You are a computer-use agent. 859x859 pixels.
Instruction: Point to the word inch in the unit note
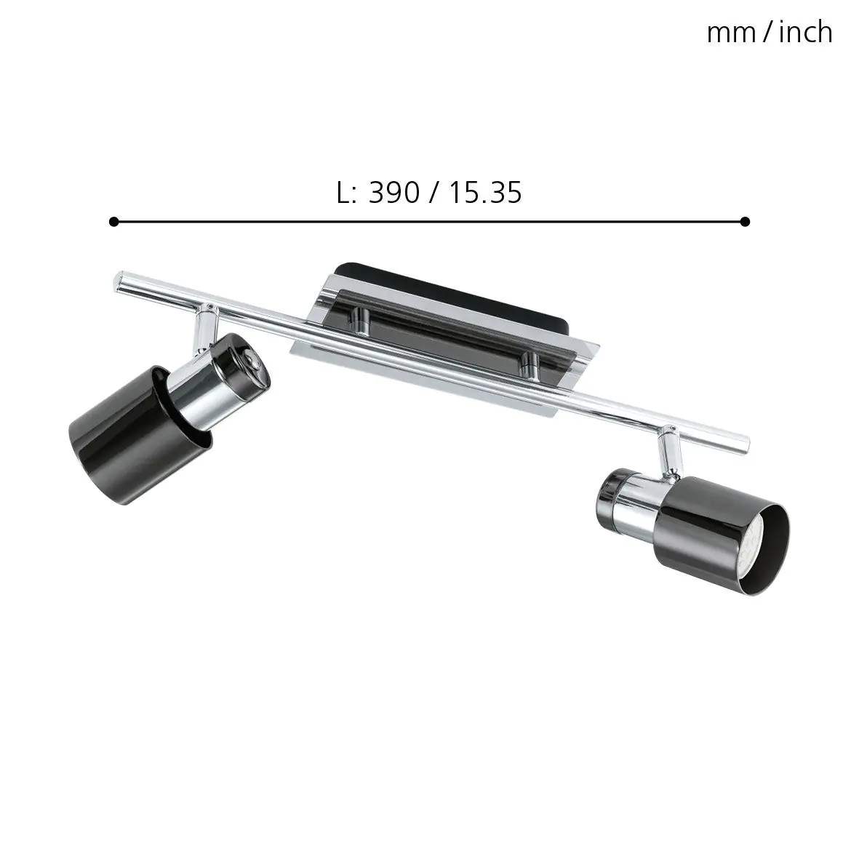point(805,33)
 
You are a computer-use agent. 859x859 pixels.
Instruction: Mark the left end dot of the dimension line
point(113,221)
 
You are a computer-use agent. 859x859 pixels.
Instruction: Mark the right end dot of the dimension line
point(744,221)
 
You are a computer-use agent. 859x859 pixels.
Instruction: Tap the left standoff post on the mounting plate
point(359,320)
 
